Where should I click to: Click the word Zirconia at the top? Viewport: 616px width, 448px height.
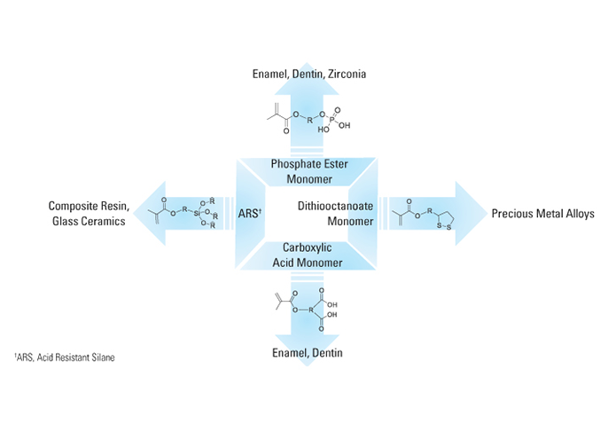[x=345, y=75]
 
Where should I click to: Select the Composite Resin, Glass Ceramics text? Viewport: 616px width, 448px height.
[x=89, y=214]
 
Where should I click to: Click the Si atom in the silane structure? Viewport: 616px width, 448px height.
[x=197, y=212]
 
